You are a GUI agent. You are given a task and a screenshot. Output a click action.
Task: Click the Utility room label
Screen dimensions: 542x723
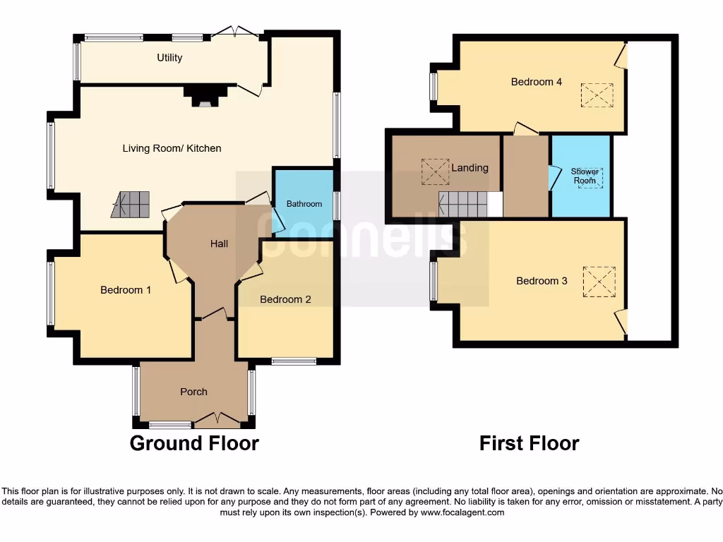[169, 58]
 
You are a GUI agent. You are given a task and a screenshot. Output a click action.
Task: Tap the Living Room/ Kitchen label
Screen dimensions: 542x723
[172, 148]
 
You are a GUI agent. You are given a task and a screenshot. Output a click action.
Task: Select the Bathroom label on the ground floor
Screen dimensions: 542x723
[304, 204]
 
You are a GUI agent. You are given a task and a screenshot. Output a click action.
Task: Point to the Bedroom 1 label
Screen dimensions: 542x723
[126, 290]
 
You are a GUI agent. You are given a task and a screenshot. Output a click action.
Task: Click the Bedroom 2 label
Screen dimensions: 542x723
[285, 299]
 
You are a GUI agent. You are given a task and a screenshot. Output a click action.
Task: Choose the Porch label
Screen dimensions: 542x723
[193, 392]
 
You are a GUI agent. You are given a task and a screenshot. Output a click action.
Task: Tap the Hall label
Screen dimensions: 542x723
[219, 243]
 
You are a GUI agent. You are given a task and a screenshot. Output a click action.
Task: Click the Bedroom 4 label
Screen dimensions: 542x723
[537, 82]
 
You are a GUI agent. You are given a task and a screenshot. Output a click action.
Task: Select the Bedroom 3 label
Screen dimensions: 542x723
[542, 281]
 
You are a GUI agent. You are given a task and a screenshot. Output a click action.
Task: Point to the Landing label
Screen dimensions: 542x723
[470, 168]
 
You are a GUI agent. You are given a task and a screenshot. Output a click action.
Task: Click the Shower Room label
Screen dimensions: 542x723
[585, 176]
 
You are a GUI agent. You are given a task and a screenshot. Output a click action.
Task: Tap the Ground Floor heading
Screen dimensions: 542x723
[194, 443]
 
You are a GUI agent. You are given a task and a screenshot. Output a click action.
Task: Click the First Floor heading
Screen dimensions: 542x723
[529, 443]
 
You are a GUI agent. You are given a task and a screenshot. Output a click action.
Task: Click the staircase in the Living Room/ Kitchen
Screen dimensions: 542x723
[131, 205]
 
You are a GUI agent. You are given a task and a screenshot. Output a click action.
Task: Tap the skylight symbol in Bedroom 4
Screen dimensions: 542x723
[597, 95]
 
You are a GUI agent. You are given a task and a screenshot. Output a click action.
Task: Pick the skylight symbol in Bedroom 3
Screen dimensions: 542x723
[599, 282]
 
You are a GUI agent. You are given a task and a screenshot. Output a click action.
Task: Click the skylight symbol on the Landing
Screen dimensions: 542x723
[434, 171]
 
